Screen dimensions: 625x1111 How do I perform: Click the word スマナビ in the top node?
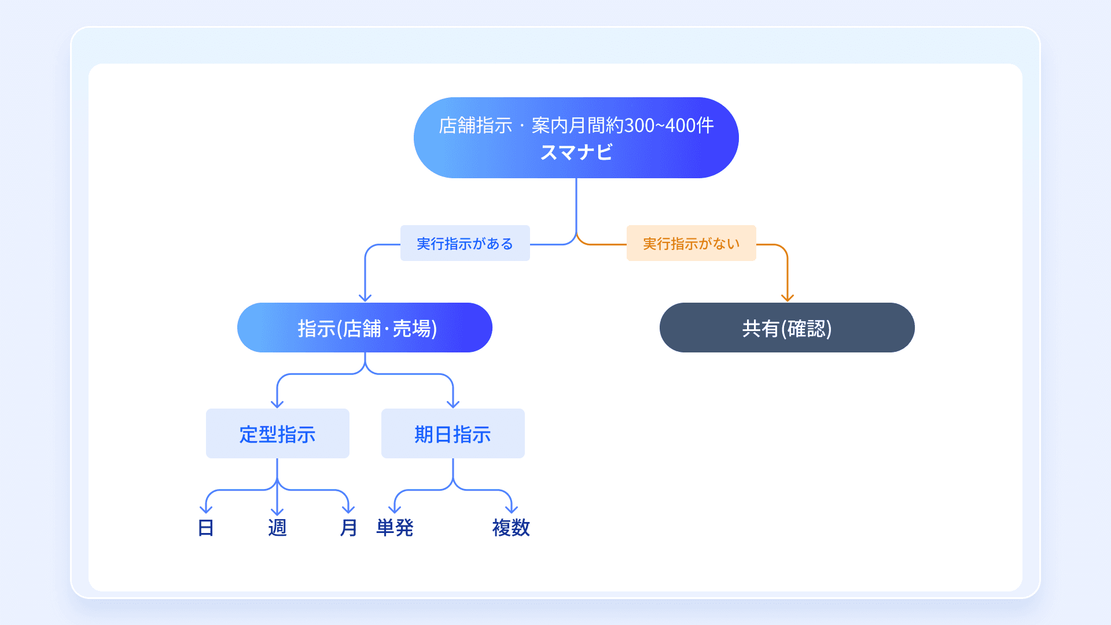click(x=576, y=152)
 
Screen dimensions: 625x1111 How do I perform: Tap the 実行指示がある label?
click(x=465, y=244)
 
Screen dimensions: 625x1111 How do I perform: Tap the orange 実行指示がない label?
click(x=691, y=244)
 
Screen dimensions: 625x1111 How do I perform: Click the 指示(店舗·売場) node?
click(x=365, y=328)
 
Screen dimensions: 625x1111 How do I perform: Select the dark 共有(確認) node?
click(x=787, y=328)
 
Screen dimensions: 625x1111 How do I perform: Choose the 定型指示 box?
click(x=277, y=434)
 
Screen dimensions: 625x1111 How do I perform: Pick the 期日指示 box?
click(x=453, y=434)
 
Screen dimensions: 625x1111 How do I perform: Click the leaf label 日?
click(x=206, y=528)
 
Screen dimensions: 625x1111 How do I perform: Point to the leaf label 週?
click(x=277, y=528)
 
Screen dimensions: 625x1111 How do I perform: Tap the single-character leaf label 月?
click(x=348, y=528)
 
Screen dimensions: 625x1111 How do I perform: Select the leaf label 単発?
click(x=395, y=528)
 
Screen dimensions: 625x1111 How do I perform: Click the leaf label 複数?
click(x=511, y=528)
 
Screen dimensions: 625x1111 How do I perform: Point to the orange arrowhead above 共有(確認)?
click(x=787, y=297)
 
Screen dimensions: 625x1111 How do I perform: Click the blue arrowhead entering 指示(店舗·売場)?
click(x=365, y=297)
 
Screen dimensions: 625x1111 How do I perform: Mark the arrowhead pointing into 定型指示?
click(x=277, y=403)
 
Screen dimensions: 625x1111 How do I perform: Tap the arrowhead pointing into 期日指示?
click(x=453, y=403)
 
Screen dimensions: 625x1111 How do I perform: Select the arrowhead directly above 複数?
click(x=512, y=509)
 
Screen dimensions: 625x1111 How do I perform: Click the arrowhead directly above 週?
click(x=277, y=511)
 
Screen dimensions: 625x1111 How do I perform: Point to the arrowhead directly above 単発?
click(x=395, y=509)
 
